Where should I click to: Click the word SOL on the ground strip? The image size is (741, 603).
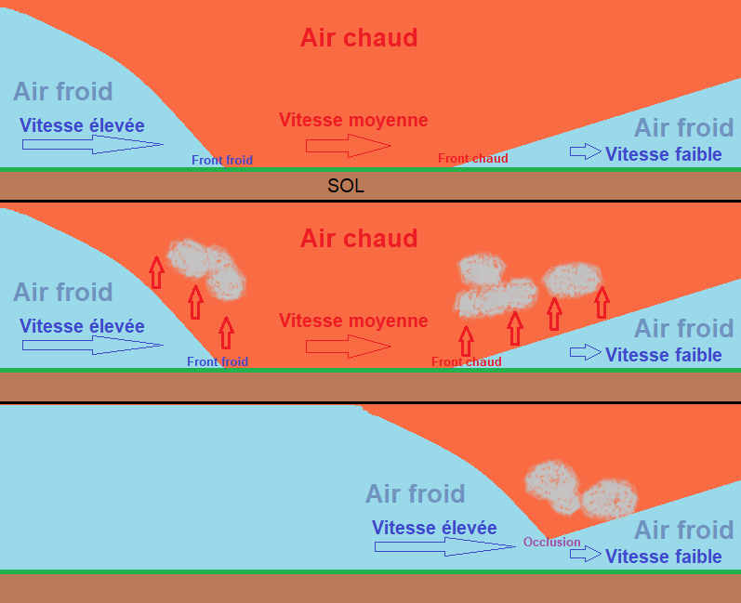tap(346, 187)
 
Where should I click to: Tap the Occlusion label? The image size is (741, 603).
tap(551, 543)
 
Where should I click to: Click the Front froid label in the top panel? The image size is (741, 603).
tap(222, 160)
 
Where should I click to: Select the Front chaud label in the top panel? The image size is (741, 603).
tap(473, 159)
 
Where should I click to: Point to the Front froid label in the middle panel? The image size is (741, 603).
tap(218, 361)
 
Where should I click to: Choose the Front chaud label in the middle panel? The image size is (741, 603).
tap(467, 361)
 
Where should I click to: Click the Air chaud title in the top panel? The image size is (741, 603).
tap(359, 38)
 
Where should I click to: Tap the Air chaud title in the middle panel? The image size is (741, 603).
tap(359, 239)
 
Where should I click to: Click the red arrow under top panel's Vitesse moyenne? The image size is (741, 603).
tap(348, 145)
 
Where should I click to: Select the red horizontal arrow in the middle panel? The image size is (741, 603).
tap(348, 346)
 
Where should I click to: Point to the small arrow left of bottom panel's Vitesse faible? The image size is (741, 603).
tap(586, 555)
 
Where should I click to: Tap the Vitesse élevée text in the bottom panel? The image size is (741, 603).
tap(434, 528)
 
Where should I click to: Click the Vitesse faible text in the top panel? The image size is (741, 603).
tap(664, 154)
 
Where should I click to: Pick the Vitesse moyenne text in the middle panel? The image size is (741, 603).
tap(353, 321)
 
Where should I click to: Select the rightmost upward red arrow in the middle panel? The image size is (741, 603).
tap(602, 302)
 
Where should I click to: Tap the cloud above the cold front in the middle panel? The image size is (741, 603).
tap(207, 268)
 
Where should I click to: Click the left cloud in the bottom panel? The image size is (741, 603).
tap(553, 483)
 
